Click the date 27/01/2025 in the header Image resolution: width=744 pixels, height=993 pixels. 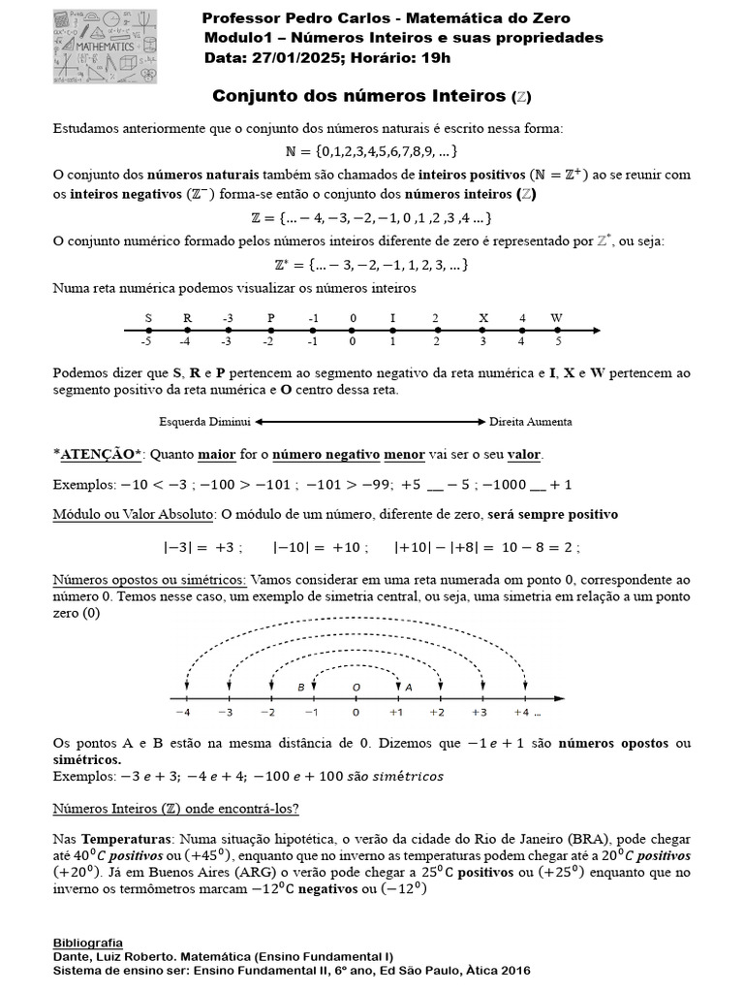[286, 57]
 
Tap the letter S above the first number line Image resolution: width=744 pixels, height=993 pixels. [148, 317]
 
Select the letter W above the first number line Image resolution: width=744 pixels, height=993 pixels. [556, 317]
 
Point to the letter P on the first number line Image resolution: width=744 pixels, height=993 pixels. [271, 317]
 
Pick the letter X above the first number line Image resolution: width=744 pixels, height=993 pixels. [483, 317]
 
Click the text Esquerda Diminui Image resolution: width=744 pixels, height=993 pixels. [204, 422]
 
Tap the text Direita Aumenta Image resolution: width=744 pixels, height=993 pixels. [530, 422]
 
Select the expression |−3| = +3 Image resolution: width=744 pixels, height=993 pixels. [201, 546]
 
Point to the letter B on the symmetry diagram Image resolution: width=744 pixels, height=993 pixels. [301, 687]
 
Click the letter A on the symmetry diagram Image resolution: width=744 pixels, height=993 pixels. [408, 687]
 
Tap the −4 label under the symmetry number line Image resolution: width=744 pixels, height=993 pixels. [182, 713]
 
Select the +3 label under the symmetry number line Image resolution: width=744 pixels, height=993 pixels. [480, 713]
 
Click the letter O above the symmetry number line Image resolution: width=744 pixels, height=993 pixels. [356, 687]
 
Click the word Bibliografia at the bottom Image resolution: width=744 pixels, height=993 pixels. [88, 942]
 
